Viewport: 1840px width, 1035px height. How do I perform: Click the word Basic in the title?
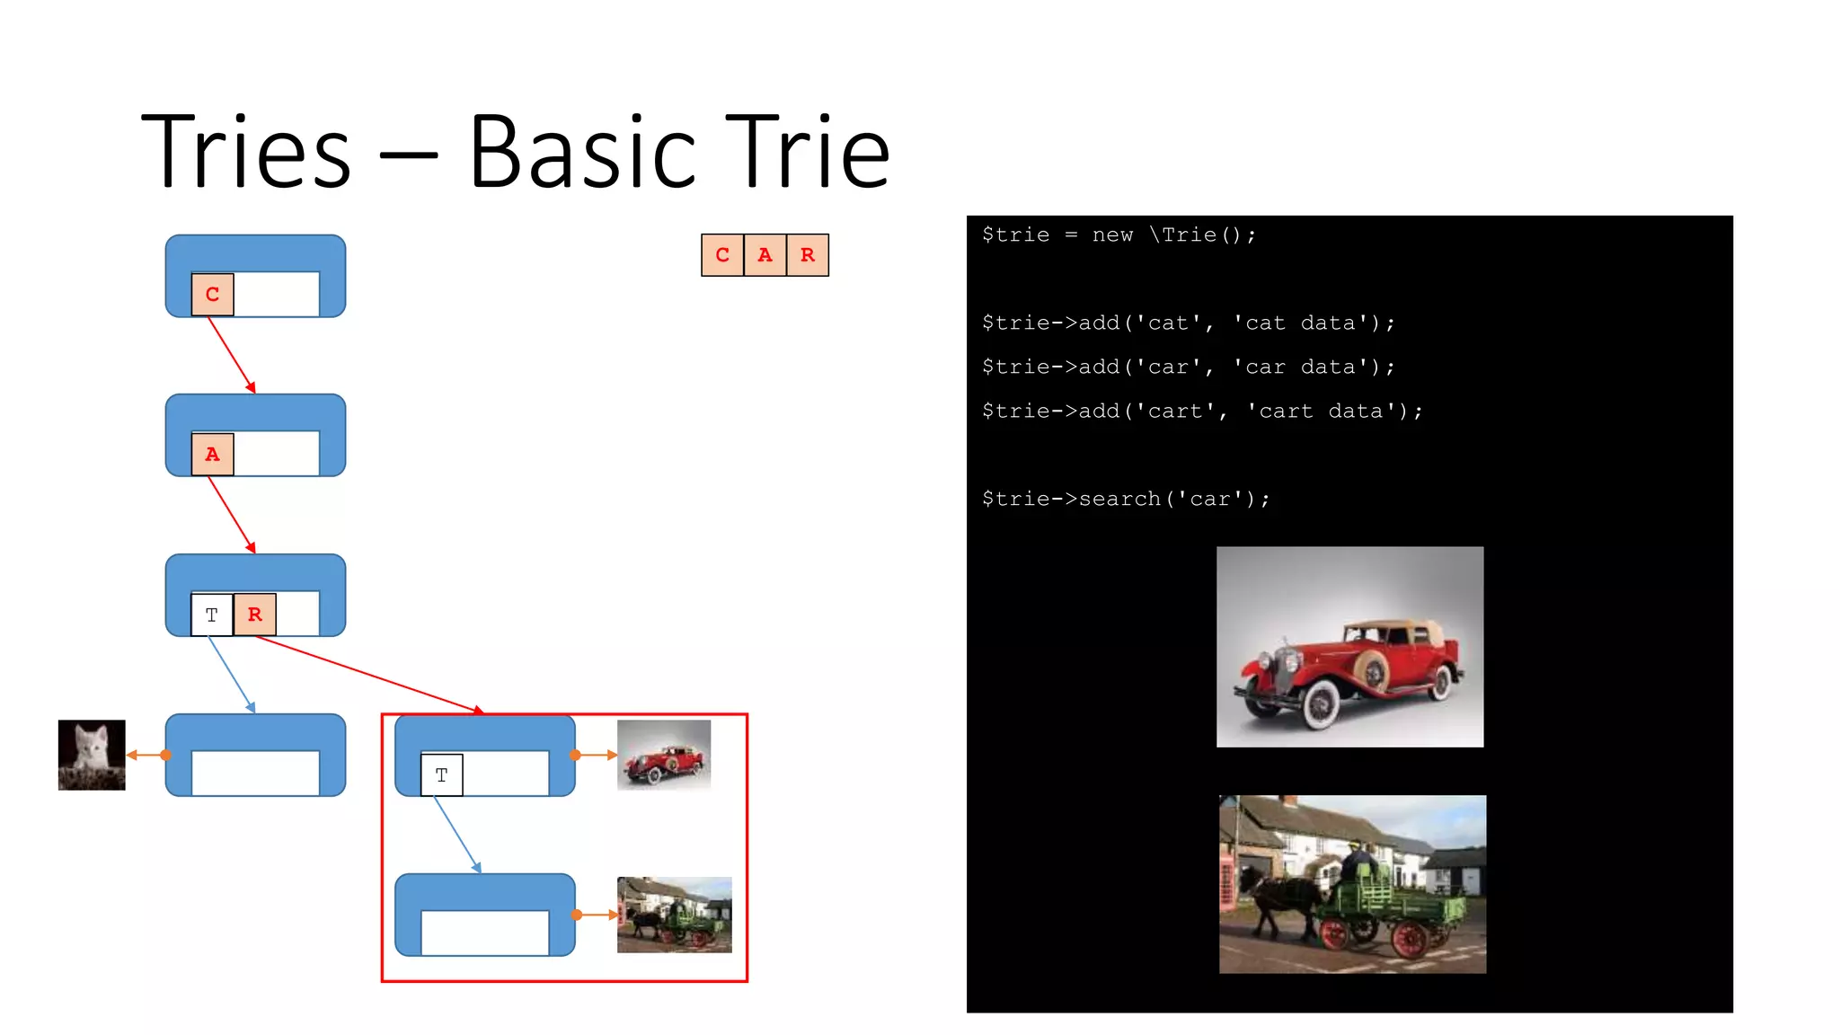coord(582,153)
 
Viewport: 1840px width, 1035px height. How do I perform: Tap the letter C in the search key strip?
coord(722,255)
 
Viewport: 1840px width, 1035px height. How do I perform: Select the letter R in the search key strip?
coord(808,255)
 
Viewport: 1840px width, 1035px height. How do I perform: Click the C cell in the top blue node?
coord(213,295)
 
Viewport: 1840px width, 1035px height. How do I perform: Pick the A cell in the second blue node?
coord(213,454)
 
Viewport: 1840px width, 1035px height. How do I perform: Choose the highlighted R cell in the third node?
coord(255,615)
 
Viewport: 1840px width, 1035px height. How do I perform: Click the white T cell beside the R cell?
coord(212,615)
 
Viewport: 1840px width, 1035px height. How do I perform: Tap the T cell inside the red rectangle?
coord(442,774)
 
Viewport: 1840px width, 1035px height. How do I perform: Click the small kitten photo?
coord(92,755)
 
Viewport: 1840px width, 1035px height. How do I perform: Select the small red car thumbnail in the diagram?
coord(664,755)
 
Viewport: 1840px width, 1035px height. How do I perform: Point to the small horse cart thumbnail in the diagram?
coord(675,915)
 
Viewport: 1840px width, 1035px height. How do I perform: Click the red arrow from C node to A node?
coord(232,355)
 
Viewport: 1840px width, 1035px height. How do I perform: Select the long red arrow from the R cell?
coord(368,674)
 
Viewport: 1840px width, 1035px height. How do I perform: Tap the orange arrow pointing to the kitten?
coord(146,755)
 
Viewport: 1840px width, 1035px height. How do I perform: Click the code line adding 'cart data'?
coord(1202,411)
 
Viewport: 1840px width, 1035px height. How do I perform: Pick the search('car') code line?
coord(1126,500)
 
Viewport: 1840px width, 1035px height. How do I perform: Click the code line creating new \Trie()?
coord(1119,235)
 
